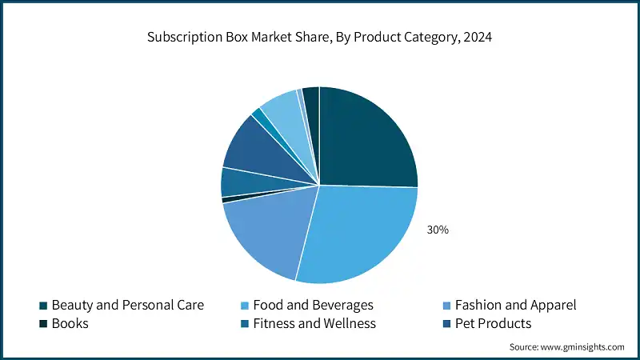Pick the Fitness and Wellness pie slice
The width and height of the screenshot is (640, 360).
238,182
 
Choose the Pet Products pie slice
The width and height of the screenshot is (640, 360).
252,148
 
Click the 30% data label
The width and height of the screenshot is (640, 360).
438,230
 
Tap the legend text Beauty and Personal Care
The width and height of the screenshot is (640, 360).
128,305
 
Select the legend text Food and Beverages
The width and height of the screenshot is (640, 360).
313,305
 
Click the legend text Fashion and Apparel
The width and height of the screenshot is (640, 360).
515,305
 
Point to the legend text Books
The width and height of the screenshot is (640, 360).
70,324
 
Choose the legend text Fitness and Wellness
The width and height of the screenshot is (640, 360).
314,324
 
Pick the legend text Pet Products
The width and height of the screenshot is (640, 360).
493,324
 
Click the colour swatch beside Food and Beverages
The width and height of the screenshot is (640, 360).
244,306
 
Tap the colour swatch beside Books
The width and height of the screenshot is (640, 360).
43,324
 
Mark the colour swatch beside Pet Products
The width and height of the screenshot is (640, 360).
446,324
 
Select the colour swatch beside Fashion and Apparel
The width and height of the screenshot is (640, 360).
446,306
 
